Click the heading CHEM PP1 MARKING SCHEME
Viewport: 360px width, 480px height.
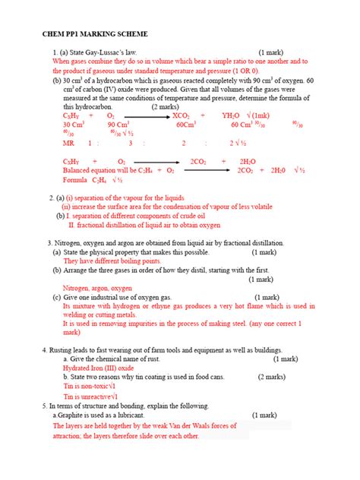click(x=95, y=36)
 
